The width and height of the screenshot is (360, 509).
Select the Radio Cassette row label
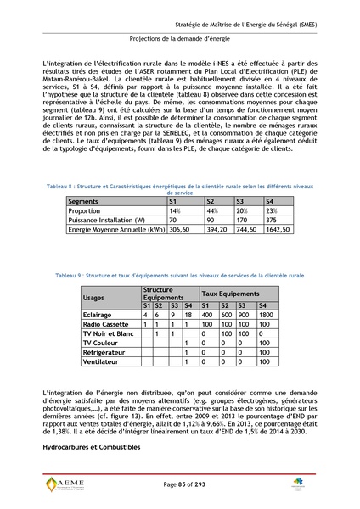point(106,324)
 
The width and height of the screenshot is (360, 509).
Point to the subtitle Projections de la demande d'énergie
point(179,40)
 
